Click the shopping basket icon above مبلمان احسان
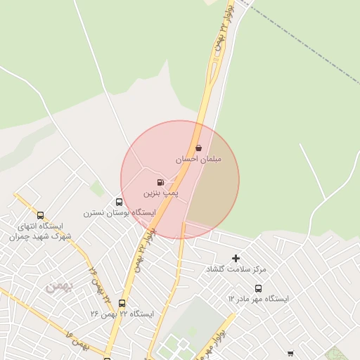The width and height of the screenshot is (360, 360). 198,148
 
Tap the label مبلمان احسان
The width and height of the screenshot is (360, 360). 198,160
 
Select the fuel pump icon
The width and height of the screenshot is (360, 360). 160,182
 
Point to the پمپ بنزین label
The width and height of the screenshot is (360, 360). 161,192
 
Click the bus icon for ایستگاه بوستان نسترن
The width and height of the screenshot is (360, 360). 118,202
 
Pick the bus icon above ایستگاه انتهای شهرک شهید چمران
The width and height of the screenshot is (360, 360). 40,216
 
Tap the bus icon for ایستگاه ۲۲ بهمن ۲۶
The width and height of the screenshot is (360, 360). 122,304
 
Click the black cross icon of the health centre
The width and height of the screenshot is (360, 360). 236,259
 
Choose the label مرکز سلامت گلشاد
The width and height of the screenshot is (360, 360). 236,269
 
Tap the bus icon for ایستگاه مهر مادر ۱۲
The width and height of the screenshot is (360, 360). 258,288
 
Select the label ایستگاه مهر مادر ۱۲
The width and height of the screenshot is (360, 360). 258,299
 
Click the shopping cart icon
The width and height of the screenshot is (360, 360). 290,354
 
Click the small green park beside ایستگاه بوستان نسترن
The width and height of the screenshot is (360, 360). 97,188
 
